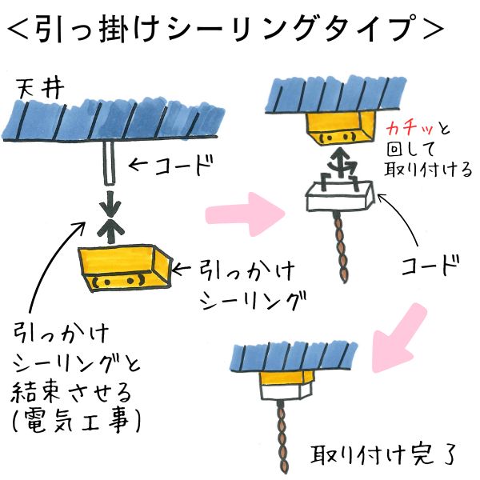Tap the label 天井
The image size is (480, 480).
35,87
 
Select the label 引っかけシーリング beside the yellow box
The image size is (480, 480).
240,284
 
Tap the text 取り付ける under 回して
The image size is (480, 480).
429,170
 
